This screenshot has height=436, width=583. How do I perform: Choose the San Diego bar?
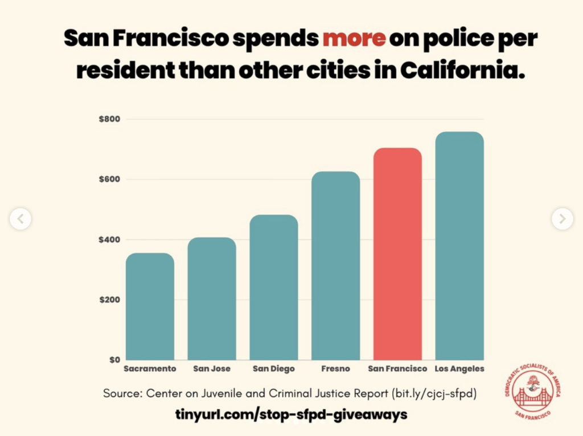274,287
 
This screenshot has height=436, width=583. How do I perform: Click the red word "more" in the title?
354,38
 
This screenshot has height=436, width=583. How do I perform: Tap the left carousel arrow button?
20,218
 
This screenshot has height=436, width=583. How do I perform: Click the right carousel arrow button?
562,218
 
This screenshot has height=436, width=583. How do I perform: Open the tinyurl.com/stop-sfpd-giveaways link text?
291,414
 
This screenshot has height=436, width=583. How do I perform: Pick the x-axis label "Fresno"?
335,369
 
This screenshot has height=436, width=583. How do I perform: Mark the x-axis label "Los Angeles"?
459,369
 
